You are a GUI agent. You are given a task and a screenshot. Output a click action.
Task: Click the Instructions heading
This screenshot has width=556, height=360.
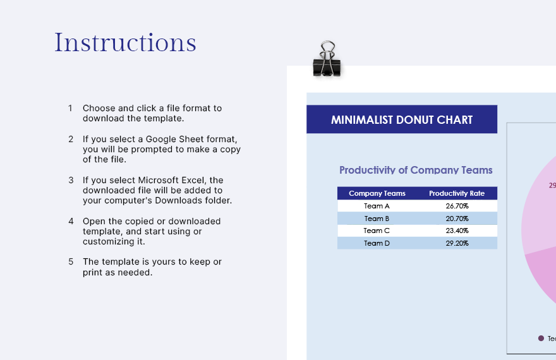125,42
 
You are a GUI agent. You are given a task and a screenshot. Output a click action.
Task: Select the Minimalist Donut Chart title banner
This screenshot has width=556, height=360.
402,119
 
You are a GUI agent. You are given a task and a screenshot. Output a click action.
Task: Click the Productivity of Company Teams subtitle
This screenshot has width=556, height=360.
416,170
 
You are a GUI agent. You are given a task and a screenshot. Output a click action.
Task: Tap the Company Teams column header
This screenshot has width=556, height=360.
377,193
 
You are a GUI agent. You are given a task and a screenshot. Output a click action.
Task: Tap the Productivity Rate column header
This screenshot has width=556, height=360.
457,193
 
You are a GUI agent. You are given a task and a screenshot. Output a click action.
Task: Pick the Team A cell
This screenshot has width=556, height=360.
377,206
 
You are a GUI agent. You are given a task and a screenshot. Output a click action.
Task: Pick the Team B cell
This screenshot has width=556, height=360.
377,219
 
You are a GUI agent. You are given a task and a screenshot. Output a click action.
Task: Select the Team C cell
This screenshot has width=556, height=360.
377,231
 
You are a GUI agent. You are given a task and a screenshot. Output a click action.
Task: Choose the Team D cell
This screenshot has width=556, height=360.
377,243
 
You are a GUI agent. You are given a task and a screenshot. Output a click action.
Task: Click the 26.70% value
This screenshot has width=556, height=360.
457,206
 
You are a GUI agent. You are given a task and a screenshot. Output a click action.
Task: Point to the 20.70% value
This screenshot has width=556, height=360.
457,219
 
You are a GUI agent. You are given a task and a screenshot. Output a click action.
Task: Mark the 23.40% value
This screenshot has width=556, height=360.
457,231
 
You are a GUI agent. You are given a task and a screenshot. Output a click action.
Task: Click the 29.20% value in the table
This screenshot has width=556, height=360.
457,243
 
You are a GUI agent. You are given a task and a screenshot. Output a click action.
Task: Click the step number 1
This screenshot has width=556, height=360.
71,108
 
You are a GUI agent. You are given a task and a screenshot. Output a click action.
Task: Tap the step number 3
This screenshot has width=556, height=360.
71,180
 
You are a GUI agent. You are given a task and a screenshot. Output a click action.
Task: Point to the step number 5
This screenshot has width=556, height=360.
71,261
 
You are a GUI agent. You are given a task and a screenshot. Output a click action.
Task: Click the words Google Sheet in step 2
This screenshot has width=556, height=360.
174,139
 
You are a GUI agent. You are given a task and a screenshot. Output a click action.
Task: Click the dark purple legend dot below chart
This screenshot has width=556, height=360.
541,339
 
